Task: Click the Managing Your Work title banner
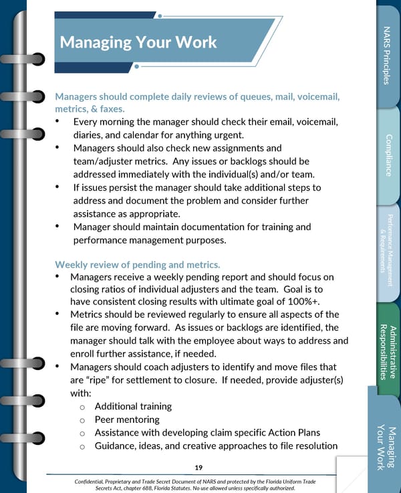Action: (x=138, y=42)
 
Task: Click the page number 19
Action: (x=198, y=466)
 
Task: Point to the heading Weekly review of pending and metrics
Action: (x=137, y=264)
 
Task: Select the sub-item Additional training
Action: (x=133, y=406)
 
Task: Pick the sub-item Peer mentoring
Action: (x=127, y=419)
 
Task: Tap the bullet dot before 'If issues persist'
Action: (x=59, y=187)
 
